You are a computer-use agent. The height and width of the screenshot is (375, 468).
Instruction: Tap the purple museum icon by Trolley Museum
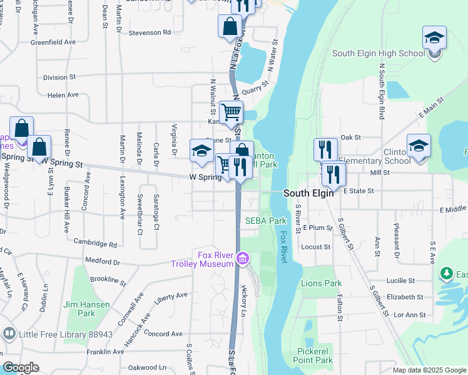pos(243,257)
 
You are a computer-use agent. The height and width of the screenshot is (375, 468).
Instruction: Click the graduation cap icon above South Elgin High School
pos(434,38)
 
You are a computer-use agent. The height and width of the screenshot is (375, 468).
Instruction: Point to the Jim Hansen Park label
pos(87,309)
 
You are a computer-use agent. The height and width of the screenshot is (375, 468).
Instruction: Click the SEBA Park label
pos(265,221)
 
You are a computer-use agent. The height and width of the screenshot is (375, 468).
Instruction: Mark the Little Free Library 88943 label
pos(65,334)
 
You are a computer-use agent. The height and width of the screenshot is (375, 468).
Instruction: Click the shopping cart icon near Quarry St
pos(231,113)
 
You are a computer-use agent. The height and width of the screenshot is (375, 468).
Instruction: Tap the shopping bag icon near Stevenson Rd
pos(230,27)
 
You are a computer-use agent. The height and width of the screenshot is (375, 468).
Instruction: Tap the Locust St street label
pos(316,247)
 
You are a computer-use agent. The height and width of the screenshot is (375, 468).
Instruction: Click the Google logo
pos(21,367)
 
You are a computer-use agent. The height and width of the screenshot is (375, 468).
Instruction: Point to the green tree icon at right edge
pos(446,274)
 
